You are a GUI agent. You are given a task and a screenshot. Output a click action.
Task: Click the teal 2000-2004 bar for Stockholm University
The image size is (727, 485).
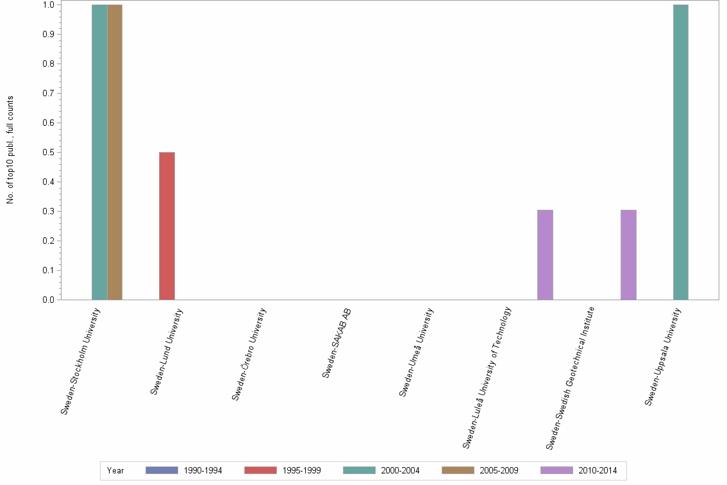(x=99, y=152)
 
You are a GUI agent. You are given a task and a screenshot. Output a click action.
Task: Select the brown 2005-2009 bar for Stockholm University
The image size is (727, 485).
(x=115, y=152)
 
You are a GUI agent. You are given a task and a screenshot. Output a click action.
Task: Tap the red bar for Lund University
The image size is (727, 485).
(x=167, y=226)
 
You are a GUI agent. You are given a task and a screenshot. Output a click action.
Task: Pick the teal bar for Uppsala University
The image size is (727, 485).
(x=681, y=152)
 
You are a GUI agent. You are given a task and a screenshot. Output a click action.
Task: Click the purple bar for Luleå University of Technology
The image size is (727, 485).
(x=545, y=255)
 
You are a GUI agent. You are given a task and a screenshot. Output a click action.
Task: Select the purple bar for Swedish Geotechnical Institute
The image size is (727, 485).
(x=628, y=255)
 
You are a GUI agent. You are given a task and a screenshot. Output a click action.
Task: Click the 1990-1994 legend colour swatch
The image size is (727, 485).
(x=162, y=470)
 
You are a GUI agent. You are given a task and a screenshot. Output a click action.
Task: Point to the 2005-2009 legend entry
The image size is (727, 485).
(x=499, y=471)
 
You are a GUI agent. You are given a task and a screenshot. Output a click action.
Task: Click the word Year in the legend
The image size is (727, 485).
(x=115, y=471)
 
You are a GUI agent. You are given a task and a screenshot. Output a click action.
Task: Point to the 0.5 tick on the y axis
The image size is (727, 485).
(x=48, y=153)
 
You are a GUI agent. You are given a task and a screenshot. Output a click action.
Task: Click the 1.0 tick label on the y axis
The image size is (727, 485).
(x=48, y=5)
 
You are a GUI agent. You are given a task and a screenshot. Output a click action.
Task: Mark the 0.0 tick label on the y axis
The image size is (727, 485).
(x=48, y=300)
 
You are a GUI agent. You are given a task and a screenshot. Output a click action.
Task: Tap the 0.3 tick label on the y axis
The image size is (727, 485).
(x=48, y=212)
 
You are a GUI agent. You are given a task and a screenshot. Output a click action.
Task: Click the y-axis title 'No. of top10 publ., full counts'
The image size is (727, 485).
(x=10, y=150)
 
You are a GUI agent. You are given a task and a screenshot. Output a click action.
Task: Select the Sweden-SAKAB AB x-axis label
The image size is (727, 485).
(x=337, y=344)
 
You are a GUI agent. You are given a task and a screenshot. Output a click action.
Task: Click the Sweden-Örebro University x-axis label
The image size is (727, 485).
(x=249, y=355)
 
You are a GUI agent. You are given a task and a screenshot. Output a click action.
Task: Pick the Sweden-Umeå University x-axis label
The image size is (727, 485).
(x=417, y=353)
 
